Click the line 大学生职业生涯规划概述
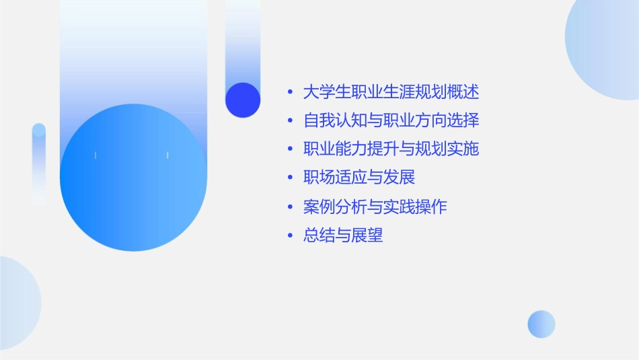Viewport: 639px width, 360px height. click(x=391, y=92)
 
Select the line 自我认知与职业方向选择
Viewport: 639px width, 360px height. click(x=391, y=120)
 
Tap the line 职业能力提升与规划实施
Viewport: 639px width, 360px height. click(x=391, y=149)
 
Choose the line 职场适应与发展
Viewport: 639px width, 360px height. click(x=359, y=178)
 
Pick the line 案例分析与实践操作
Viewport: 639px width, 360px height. click(x=375, y=207)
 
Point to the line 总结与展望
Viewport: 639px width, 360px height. click(x=343, y=236)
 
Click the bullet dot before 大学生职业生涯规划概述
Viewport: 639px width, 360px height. click(x=290, y=92)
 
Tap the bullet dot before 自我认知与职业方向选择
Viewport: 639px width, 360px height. click(x=290, y=121)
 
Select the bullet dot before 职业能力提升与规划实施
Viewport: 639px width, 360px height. click(x=290, y=149)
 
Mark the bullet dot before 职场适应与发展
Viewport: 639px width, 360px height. click(x=290, y=178)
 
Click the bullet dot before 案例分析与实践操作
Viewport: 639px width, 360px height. click(x=290, y=207)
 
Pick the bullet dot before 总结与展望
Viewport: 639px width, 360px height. click(x=290, y=236)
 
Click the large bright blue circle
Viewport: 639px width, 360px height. click(x=133, y=178)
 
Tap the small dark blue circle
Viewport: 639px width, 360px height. click(x=243, y=100)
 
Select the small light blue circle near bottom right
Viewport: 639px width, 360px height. click(x=541, y=324)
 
